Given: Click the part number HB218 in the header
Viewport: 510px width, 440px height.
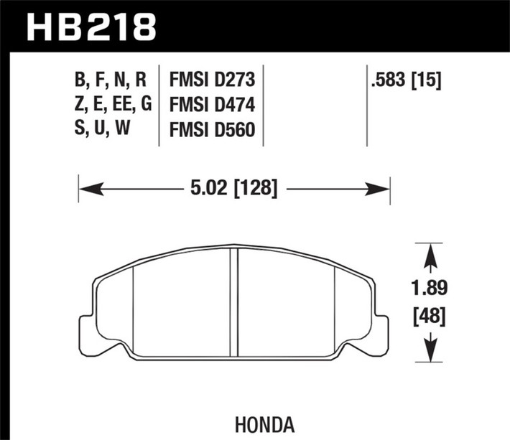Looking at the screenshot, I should coord(91,27).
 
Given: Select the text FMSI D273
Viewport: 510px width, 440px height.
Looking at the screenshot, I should coord(214,79).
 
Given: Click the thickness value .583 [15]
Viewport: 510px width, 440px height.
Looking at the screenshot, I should coord(405,79).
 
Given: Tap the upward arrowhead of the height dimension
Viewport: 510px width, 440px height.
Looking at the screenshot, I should coord(430,252).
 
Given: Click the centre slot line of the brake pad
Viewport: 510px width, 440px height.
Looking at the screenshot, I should coord(235,302).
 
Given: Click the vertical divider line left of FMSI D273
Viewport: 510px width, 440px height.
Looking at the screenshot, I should coord(158,108).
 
